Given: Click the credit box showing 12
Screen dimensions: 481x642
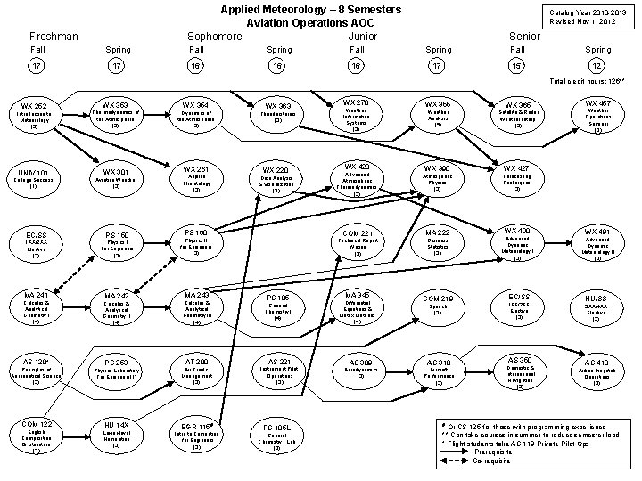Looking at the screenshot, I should [x=597, y=67].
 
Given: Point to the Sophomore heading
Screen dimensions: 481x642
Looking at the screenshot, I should [x=214, y=36].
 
